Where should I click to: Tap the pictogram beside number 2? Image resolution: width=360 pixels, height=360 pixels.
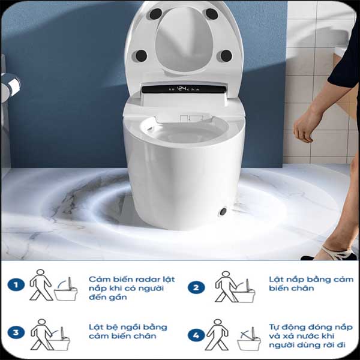[235, 287]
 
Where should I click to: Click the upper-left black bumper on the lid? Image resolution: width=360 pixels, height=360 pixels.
[155, 13]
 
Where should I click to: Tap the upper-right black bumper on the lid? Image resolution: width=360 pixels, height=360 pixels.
[211, 13]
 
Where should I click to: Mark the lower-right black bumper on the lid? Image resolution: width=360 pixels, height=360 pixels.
[226, 55]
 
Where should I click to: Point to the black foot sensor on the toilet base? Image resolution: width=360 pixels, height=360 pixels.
[223, 211]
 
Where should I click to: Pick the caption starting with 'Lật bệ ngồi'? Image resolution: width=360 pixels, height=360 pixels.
[127, 331]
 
